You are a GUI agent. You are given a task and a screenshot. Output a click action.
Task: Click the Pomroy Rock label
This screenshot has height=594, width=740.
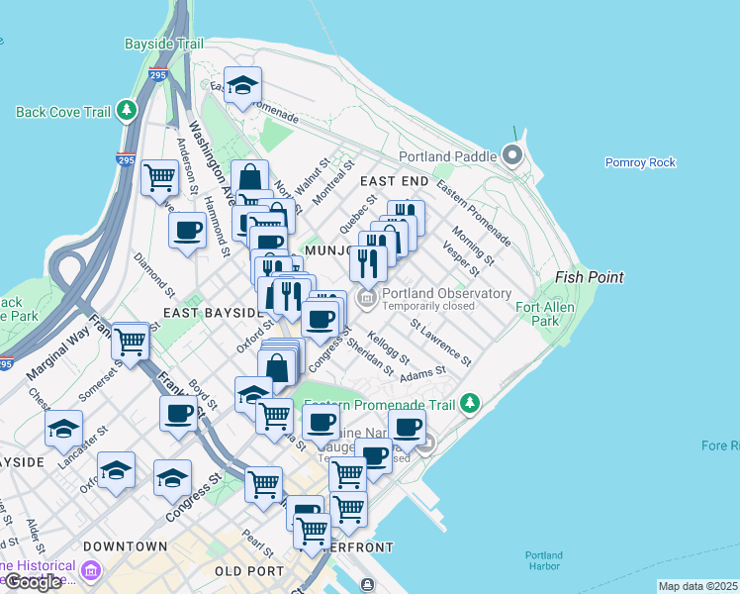click(x=640, y=162)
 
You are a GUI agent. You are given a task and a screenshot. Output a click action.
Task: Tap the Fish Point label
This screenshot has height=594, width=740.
click(x=590, y=278)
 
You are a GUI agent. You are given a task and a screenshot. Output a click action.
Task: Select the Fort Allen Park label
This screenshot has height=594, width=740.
click(x=566, y=314)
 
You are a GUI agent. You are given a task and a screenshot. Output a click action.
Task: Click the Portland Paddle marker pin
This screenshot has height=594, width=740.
click(x=512, y=156)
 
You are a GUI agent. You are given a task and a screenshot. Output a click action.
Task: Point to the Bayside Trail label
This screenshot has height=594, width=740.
click(x=164, y=45)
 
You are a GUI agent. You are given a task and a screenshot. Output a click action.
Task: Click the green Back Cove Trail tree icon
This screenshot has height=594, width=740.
click(x=127, y=111)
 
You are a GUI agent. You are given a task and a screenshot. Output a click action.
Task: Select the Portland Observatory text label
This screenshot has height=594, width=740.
click(x=446, y=294)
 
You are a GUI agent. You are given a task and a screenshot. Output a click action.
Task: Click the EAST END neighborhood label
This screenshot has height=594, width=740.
click(x=394, y=182)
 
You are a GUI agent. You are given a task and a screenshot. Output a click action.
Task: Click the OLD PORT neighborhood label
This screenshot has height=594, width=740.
click(x=249, y=571)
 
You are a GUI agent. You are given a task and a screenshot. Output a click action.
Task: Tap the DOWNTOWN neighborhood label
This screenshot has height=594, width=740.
click(x=126, y=546)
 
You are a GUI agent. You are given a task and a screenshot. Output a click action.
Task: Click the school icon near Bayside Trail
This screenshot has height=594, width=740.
click(x=241, y=84)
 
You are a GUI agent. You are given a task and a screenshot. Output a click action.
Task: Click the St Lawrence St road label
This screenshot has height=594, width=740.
click(x=441, y=337)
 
